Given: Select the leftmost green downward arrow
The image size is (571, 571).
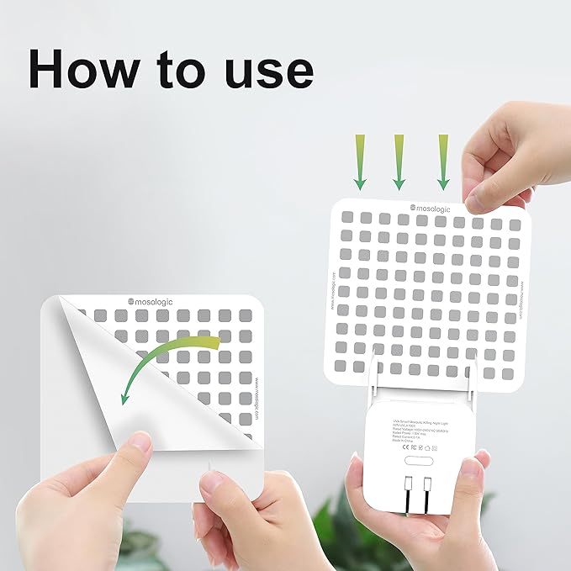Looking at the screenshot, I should pyautogui.click(x=359, y=160).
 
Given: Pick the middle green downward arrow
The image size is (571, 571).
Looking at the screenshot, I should pyautogui.click(x=399, y=160).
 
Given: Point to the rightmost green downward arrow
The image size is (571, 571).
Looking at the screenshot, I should pyautogui.click(x=442, y=160).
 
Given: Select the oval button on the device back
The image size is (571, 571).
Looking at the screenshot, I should pyautogui.click(x=421, y=460).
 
